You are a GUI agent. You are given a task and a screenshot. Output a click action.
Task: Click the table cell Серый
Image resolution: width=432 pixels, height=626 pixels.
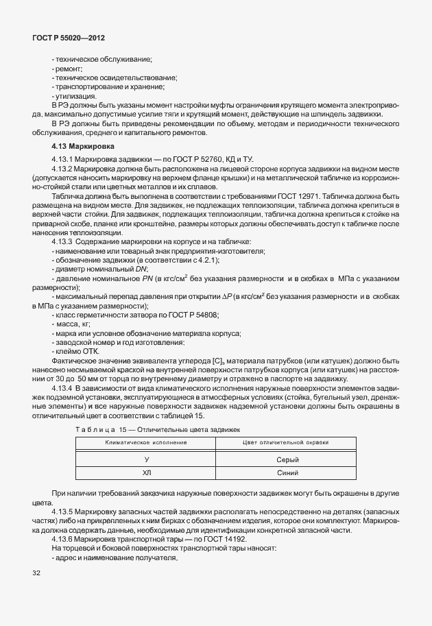[x=287, y=460]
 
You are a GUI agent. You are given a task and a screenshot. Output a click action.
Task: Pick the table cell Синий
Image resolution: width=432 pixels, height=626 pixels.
[x=287, y=472]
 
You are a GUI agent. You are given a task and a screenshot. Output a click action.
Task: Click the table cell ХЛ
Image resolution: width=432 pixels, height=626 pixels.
[x=146, y=472]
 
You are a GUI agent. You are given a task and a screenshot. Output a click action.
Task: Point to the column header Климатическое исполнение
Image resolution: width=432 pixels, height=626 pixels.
[x=146, y=443]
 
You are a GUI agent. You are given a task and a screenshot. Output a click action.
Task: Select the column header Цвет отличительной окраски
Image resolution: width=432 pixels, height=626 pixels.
[x=287, y=443]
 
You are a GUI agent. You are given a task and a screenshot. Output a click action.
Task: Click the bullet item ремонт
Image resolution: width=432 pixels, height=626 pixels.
[x=67, y=69]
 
